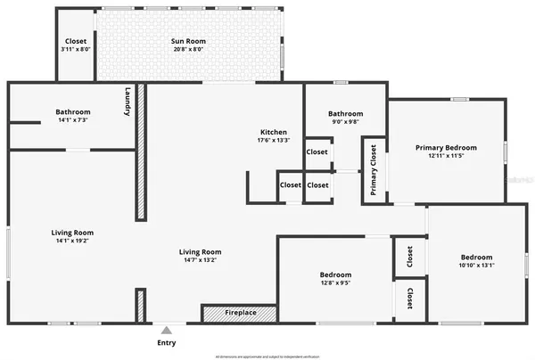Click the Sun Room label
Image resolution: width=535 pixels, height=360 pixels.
click(x=187, y=42)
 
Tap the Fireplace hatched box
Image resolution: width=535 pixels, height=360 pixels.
click(x=238, y=314)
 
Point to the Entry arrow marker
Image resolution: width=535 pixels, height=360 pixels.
click(x=166, y=328)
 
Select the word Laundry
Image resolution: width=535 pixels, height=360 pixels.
click(x=128, y=102)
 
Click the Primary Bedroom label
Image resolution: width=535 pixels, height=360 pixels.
click(x=446, y=147)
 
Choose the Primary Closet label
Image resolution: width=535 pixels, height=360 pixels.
click(x=374, y=170)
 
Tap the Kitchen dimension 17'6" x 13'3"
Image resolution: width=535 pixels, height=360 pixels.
click(x=273, y=140)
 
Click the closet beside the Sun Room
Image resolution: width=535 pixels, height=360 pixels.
click(x=75, y=42)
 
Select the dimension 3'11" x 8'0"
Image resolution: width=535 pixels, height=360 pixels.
click(x=75, y=51)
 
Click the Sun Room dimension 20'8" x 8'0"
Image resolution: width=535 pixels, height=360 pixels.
click(x=187, y=51)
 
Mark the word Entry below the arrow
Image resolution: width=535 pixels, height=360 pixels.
click(x=167, y=342)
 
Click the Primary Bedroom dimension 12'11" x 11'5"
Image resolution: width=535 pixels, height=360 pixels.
click(x=446, y=157)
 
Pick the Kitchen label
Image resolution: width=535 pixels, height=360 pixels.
click(x=273, y=132)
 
